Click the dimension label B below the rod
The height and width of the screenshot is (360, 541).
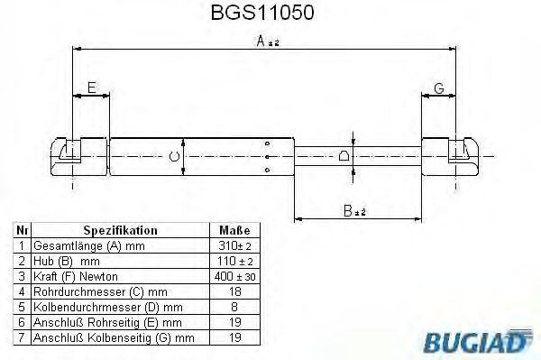pos(353,212)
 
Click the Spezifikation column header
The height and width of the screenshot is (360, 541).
pos(120,230)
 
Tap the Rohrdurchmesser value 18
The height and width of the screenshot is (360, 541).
pos(234,291)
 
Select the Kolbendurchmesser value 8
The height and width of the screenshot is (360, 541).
pos(234,307)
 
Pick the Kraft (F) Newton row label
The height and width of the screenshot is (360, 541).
pos(75,276)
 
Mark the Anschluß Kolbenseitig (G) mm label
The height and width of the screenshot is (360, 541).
pos(113,337)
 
